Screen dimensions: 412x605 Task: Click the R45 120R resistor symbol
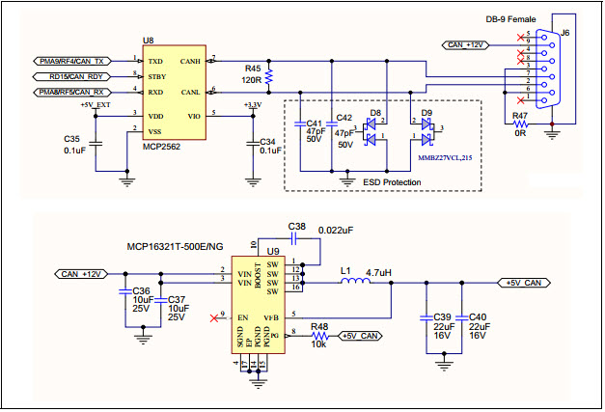270,75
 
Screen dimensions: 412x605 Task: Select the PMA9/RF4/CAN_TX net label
70,60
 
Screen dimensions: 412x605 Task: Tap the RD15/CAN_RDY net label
74,75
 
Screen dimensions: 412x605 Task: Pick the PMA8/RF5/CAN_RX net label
70,92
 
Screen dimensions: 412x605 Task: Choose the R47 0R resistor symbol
521,126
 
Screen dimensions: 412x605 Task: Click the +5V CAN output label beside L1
524,284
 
